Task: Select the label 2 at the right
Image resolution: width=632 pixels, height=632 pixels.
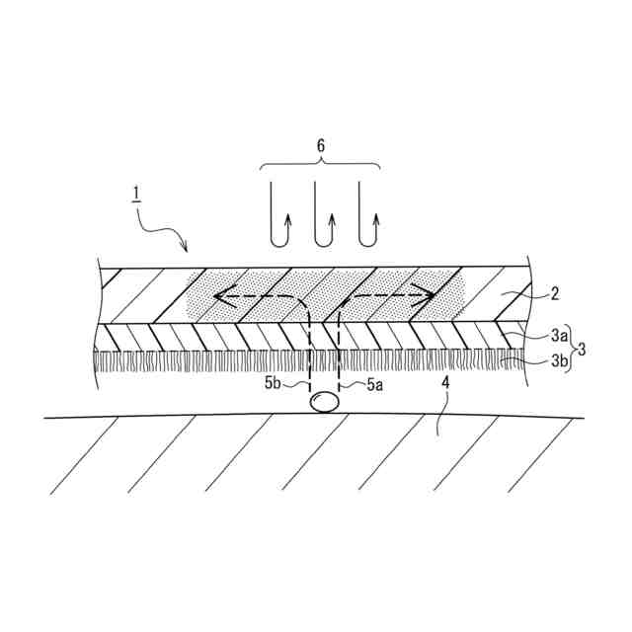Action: pyautogui.click(x=555, y=292)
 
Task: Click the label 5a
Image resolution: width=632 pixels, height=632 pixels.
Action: pyautogui.click(x=374, y=385)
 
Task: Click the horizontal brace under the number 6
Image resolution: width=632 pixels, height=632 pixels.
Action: pyautogui.click(x=320, y=165)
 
